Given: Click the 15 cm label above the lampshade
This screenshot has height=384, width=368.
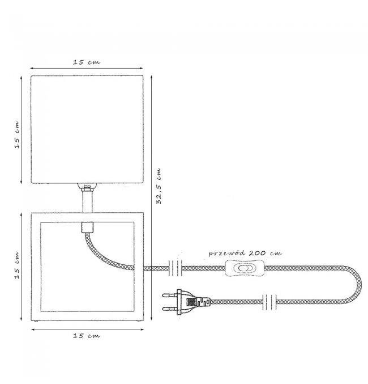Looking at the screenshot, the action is tap(87, 62).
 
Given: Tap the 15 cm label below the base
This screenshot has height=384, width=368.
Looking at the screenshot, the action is tap(87, 336).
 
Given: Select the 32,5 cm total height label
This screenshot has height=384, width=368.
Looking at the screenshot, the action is tap(159, 186).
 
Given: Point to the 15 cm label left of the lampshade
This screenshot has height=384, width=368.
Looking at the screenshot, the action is tap(16, 134).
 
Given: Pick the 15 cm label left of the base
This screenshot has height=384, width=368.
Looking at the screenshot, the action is tap(16, 265).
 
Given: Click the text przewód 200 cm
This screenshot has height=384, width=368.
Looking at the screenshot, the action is tap(245, 253).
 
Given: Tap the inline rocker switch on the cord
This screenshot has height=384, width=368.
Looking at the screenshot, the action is tap(245, 268).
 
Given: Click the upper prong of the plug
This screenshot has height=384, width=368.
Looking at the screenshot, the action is tap(170, 296).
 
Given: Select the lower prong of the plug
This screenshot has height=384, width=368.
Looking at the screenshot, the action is tap(170, 309).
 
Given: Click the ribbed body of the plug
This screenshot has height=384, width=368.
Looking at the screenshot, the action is tap(194, 302).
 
